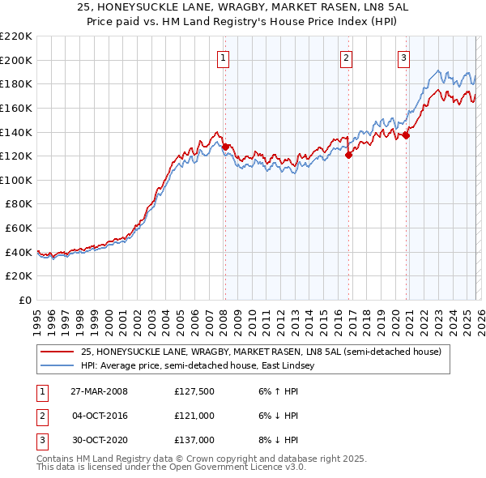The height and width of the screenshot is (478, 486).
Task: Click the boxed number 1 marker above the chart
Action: (223, 57)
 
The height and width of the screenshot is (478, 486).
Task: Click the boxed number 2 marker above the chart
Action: (346, 57)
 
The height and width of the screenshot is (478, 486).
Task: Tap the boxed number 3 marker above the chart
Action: (403, 57)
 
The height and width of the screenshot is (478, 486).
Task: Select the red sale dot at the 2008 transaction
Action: (226, 147)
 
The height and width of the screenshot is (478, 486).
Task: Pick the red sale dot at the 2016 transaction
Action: (348, 155)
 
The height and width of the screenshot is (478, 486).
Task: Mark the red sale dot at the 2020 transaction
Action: (407, 135)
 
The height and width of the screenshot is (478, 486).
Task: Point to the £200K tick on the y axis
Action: (16, 60)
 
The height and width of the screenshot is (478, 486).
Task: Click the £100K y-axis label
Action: (16, 180)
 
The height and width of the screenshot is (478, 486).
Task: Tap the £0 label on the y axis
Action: (24, 300)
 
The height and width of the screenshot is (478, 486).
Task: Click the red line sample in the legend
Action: (58, 352)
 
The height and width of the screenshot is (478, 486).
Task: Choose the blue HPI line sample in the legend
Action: (58, 366)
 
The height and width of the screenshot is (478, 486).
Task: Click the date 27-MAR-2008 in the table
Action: (100, 391)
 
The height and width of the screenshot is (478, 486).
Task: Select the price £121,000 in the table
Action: (194, 416)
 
